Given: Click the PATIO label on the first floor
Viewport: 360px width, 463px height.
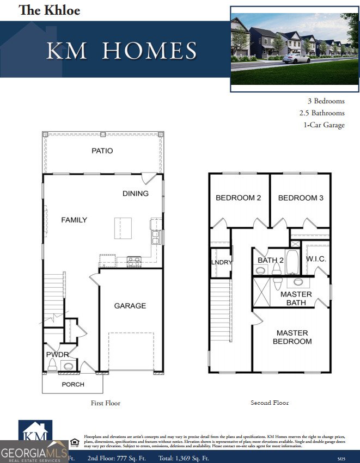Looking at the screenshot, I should click(x=102, y=151).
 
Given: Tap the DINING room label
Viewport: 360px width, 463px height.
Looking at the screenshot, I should click(x=135, y=194).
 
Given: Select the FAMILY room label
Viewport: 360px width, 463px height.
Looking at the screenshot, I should click(x=74, y=220).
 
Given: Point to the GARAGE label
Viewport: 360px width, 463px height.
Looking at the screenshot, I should click(x=130, y=306).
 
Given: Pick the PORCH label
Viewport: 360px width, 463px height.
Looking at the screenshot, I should click(x=73, y=384).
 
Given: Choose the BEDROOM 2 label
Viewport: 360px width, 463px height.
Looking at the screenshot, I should click(x=238, y=198).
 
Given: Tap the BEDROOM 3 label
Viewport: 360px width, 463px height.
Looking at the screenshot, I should click(x=301, y=198).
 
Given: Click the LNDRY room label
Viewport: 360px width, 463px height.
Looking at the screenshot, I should click(x=222, y=262).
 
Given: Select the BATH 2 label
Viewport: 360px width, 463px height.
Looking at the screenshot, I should click(x=271, y=260).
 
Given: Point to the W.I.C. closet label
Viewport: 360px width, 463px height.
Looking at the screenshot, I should click(x=316, y=260).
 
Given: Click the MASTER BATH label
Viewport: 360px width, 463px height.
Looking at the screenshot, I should click(x=296, y=298).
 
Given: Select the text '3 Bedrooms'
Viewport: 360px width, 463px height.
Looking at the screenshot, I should click(x=326, y=101).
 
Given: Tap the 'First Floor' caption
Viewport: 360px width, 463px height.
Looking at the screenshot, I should click(x=105, y=403).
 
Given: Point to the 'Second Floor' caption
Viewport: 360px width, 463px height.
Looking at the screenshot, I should click(x=270, y=403).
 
